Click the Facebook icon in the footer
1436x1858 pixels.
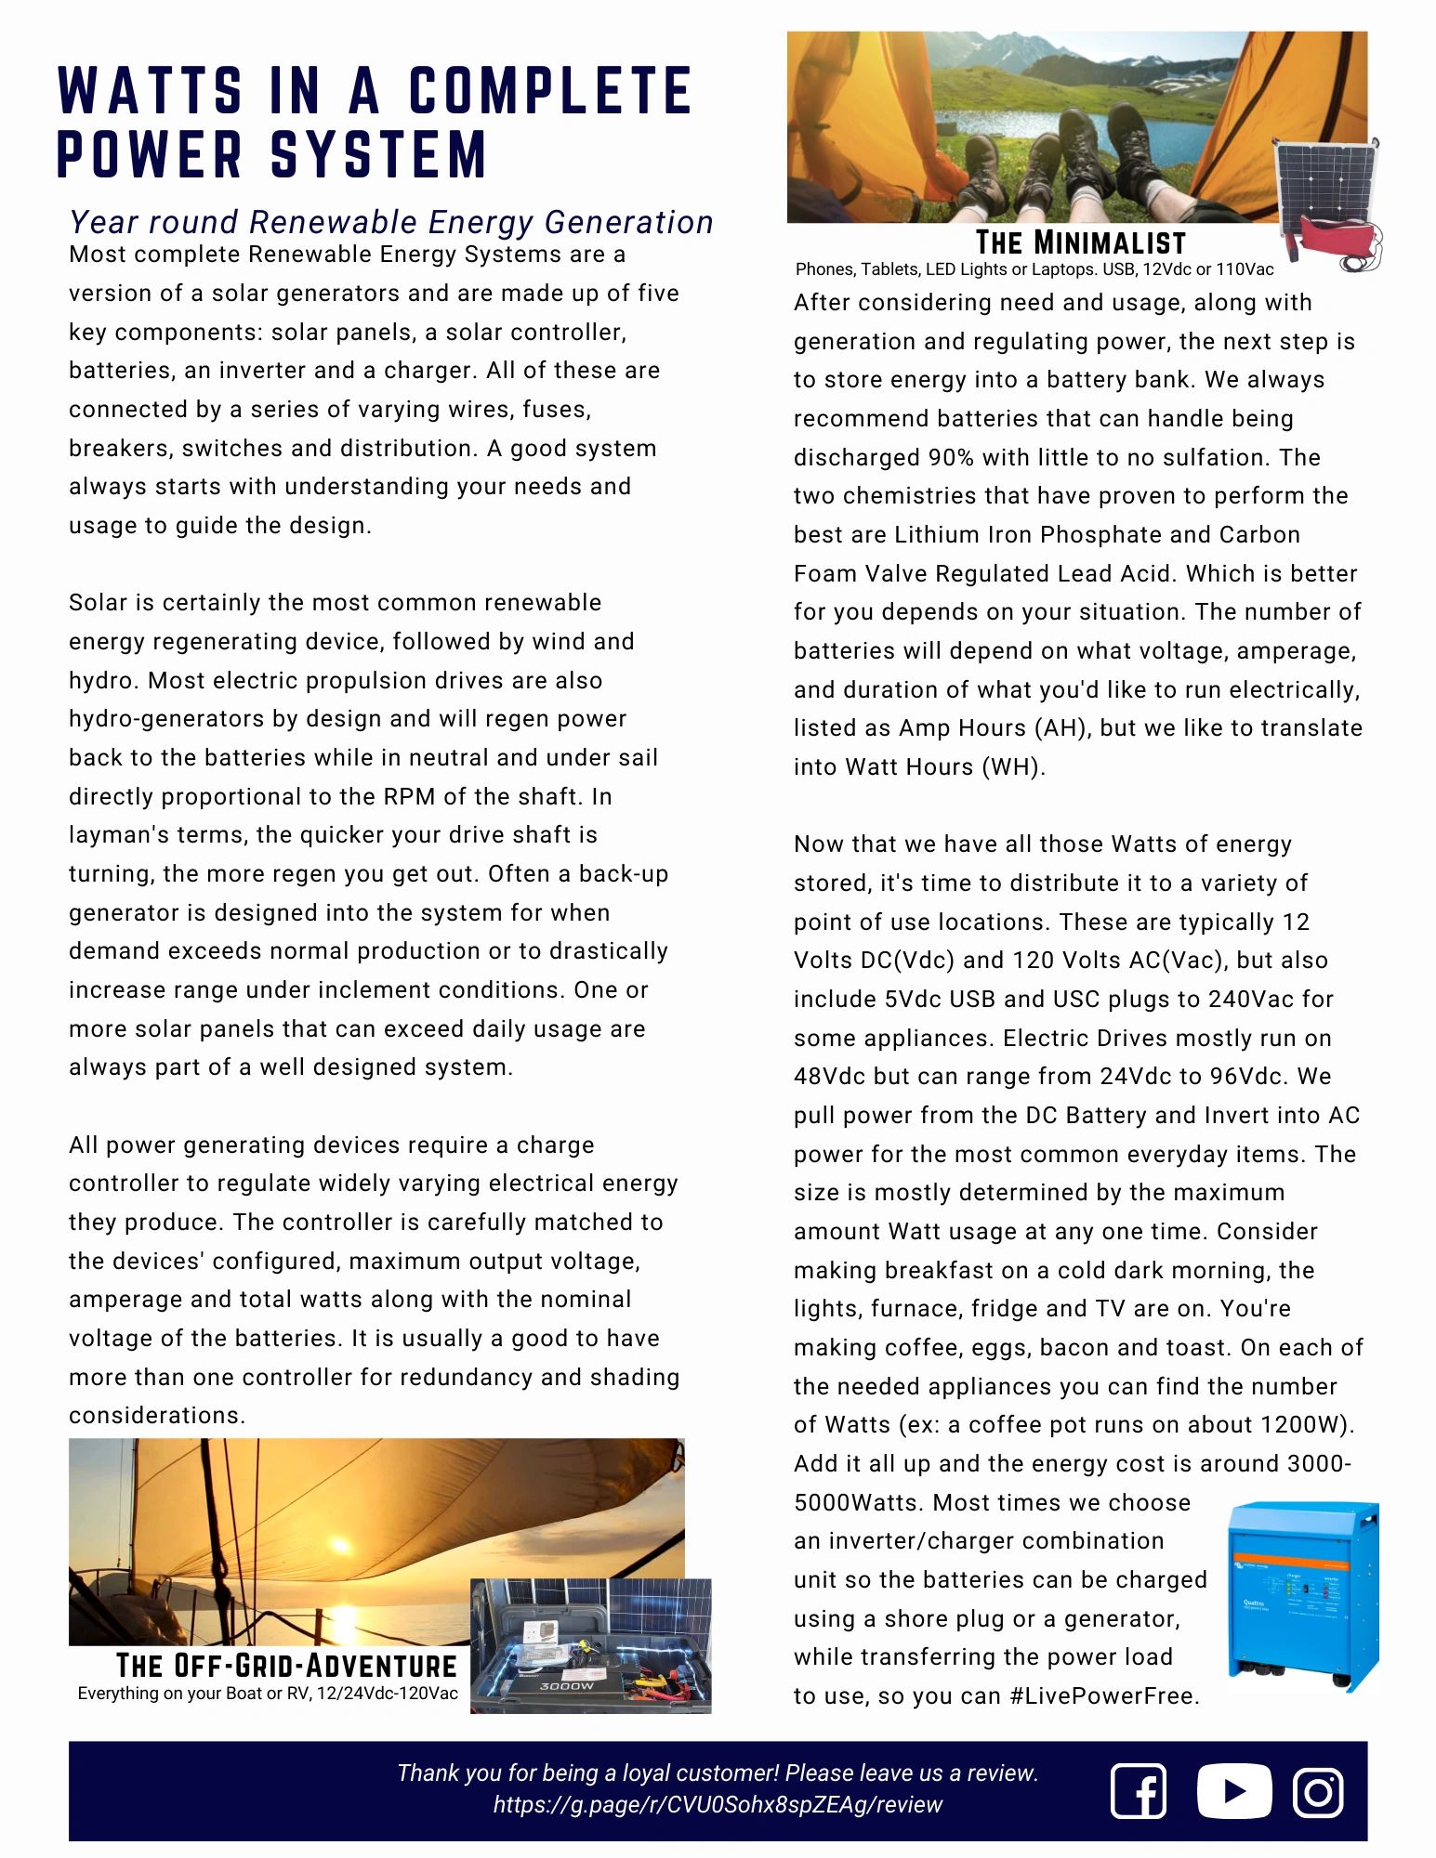click(x=1139, y=1790)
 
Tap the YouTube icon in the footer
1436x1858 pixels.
click(x=1233, y=1790)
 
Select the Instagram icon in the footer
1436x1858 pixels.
click(x=1318, y=1791)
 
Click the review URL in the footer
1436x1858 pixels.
click(x=718, y=1805)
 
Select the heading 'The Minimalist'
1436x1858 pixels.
click(x=1080, y=243)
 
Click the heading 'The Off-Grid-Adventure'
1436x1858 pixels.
click(x=286, y=1665)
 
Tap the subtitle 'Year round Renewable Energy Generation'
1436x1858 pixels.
click(x=391, y=223)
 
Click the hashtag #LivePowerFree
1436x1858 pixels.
click(x=1104, y=1696)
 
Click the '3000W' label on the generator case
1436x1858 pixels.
click(x=566, y=1686)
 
